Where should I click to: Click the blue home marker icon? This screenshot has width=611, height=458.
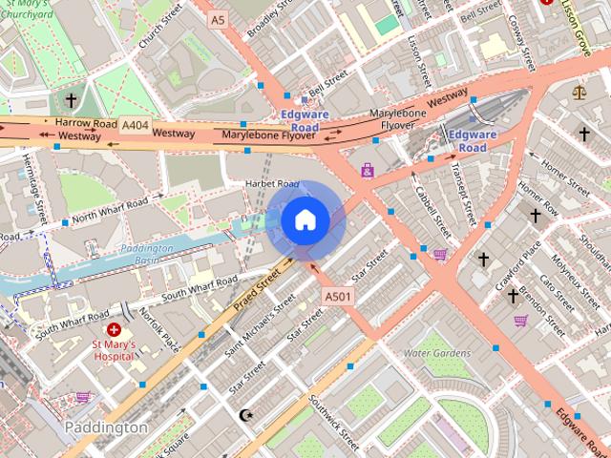pos(305,220)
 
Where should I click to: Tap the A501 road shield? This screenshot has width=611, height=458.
pos(338,297)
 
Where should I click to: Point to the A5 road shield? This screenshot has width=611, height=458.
pos(219,19)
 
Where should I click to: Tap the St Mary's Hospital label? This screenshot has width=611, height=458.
pos(114,350)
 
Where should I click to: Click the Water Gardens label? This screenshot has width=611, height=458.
pos(437,353)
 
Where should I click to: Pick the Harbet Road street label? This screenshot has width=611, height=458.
pos(272,184)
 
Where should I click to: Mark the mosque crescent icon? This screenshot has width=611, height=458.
pos(246,415)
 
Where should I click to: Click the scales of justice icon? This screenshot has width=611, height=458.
pos(579,93)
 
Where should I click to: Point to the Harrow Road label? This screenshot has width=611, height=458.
pos(85,123)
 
